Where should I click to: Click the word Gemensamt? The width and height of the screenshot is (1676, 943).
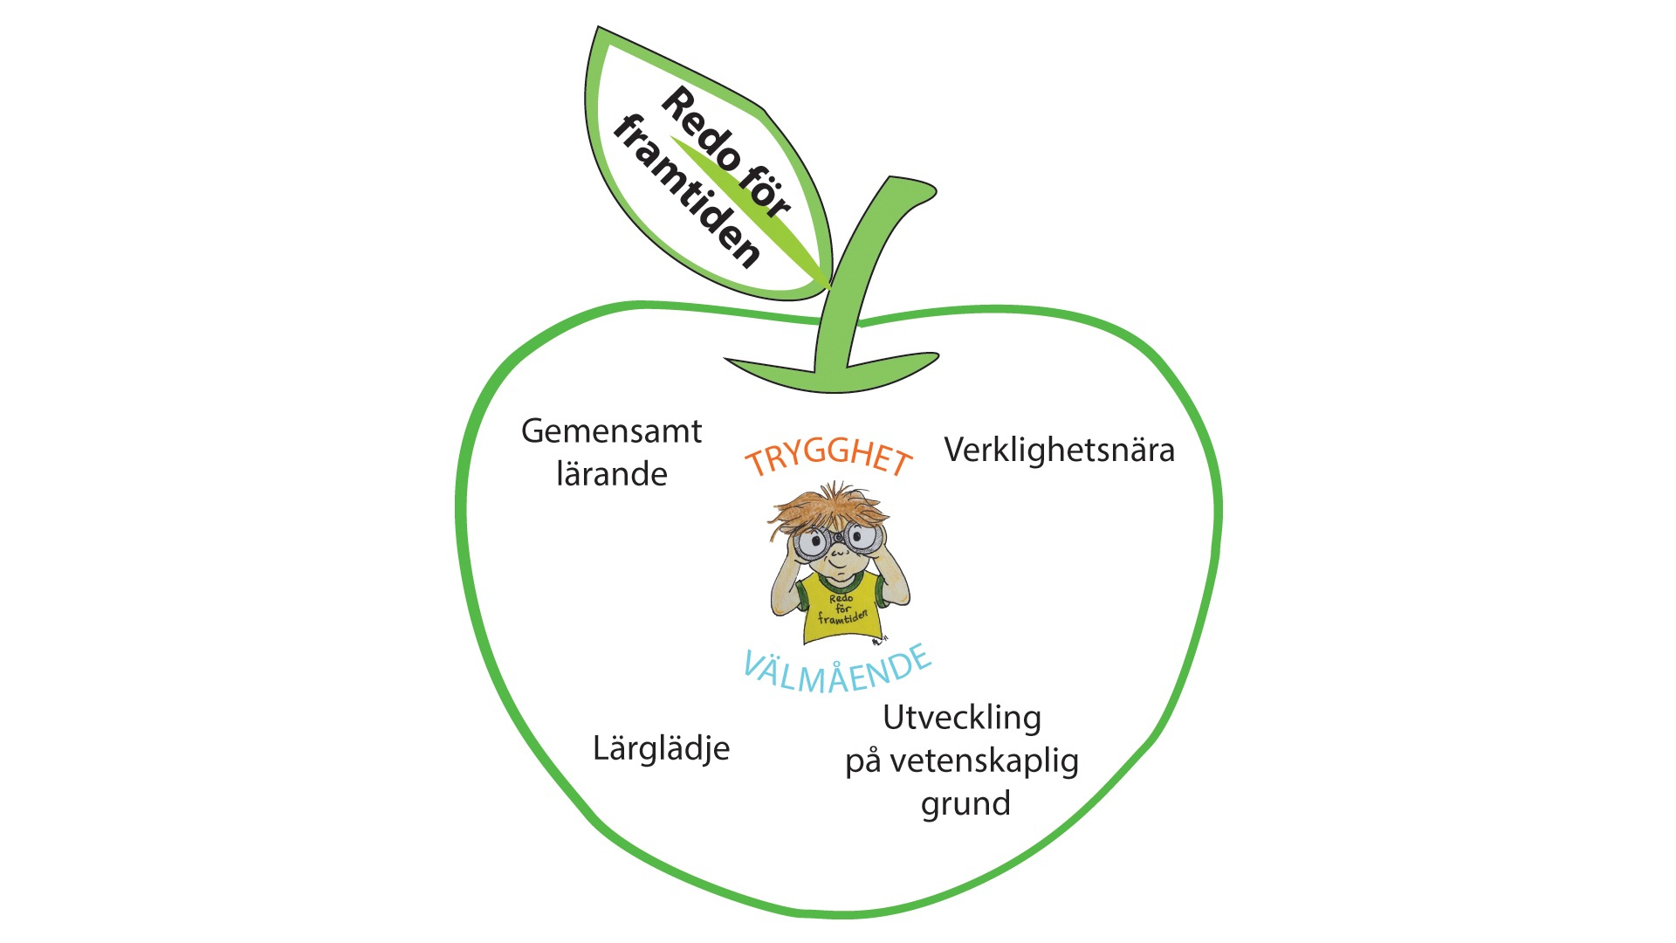pyautogui.click(x=611, y=431)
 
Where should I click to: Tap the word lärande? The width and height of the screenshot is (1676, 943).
pyautogui.click(x=612, y=474)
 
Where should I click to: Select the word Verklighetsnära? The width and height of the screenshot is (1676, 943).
pyautogui.click(x=1060, y=451)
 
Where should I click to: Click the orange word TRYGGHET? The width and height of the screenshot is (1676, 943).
pyautogui.click(x=828, y=458)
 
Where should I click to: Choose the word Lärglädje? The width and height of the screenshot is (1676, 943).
pyautogui.click(x=661, y=749)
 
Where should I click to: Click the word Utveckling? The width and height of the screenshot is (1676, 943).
pyautogui.click(x=962, y=719)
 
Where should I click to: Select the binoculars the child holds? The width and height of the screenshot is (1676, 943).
pyautogui.click(x=837, y=540)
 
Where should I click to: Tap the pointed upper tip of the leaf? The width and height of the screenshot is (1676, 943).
pyautogui.click(x=599, y=27)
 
